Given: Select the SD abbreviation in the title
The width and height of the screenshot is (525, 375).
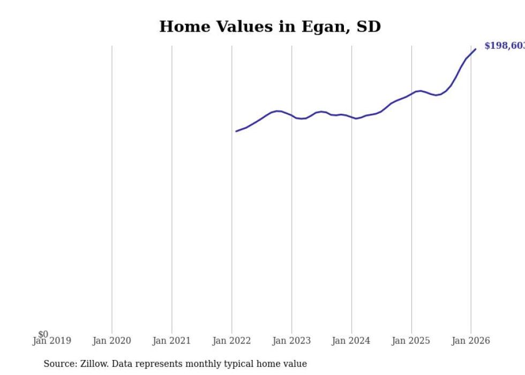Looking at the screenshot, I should point(368,26).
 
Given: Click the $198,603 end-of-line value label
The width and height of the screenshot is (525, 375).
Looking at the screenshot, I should point(504,46).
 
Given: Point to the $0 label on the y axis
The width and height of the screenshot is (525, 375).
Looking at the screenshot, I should point(43,334).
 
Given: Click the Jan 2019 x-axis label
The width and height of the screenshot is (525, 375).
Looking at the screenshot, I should point(51,341).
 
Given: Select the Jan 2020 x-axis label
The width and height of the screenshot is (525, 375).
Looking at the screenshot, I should point(111,341).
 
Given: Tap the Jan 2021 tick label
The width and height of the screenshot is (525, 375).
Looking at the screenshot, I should point(171,341).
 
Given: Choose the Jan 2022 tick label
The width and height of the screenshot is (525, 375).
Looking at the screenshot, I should point(231,341).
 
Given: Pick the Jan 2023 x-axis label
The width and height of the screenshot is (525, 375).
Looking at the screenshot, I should point(291,341).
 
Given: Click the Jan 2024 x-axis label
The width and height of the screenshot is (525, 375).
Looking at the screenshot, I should point(351,341).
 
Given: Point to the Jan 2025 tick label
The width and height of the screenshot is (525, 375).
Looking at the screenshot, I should point(411,341).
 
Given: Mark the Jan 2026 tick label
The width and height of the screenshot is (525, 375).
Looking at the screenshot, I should point(471,341).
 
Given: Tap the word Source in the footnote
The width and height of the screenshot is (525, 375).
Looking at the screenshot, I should point(59,364).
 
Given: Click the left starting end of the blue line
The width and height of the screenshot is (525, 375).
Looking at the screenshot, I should point(236,131).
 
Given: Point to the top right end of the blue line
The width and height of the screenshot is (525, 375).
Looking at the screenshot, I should point(475,49).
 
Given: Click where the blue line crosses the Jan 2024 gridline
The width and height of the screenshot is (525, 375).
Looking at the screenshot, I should point(351,117).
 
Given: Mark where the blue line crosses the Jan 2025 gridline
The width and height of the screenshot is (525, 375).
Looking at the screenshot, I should point(411,93).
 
